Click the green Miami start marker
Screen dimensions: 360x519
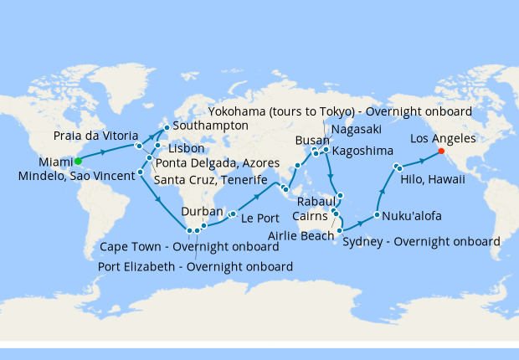[x=78, y=161]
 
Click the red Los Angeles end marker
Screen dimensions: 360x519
[x=441, y=152]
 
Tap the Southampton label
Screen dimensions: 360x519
[x=210, y=126]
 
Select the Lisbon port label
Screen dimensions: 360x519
[x=186, y=148]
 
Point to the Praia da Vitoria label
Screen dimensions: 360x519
[x=90, y=135]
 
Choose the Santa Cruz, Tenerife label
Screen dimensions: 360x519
[x=210, y=181]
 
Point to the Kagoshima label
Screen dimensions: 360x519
[x=365, y=152]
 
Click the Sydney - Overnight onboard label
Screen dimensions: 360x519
[x=421, y=242]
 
